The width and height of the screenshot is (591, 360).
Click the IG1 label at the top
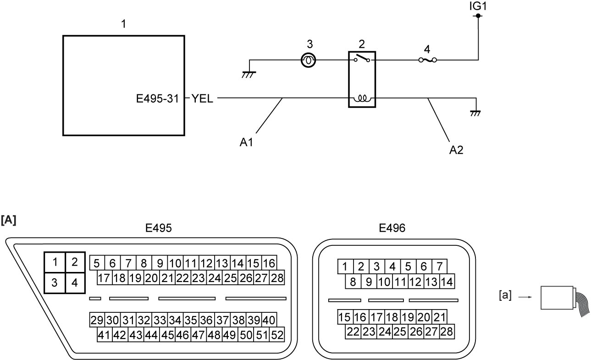pos(478,6)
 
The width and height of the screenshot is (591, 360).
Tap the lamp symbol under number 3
pos(308,60)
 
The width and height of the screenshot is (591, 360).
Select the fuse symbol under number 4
pos(427,60)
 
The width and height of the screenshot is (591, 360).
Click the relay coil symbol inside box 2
pos(362,99)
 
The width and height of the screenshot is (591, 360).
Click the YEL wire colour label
pos(202,99)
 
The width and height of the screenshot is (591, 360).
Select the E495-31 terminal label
pos(158,99)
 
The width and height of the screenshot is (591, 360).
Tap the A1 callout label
pos(246,143)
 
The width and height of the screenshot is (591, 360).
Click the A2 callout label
pos(456,150)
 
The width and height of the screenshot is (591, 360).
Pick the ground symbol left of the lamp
pos(249,75)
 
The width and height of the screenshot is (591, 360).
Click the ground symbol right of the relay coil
pos(475,113)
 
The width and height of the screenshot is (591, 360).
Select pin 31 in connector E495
pos(128,320)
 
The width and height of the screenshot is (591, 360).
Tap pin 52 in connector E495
pos(277,335)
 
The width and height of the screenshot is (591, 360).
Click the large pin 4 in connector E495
pos(75,282)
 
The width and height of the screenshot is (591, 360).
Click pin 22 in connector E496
pos(353,332)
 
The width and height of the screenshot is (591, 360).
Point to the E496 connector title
pos(392,228)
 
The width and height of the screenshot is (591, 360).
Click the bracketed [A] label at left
pos(8,220)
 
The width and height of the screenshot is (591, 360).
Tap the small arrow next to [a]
pos(525,297)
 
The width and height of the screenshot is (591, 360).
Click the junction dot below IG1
pos(478,16)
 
